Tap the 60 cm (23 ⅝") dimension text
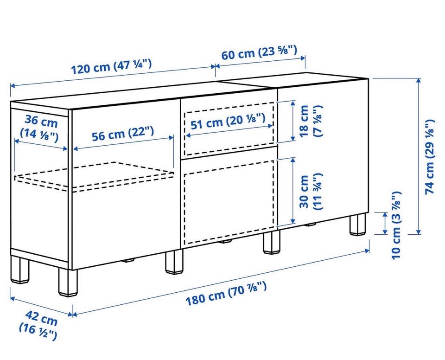(259, 53)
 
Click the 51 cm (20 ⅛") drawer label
(228, 121)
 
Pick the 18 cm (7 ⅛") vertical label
(311, 121)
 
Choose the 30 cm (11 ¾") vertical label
(311, 192)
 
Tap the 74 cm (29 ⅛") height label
(430, 157)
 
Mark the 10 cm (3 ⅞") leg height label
(396, 225)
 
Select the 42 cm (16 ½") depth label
(38, 325)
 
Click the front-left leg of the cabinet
(68, 283)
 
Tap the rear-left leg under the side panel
(20, 270)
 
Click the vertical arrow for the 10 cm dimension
(385, 223)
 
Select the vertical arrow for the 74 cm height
(418, 156)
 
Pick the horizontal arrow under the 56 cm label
(123, 143)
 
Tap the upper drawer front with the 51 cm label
(228, 127)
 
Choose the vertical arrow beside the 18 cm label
(292, 121)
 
